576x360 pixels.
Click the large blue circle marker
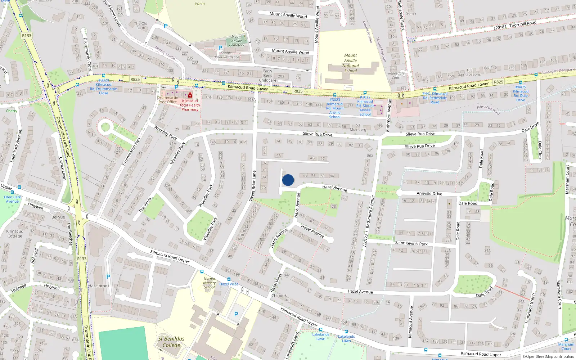point(288,180)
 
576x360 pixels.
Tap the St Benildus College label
point(171,342)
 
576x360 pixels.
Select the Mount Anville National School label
point(350,63)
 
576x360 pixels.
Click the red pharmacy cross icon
point(190,95)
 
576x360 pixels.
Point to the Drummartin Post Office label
point(167,100)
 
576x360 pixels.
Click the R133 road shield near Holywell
point(82,258)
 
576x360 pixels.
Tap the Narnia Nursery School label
point(209,283)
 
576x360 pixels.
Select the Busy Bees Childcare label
point(268,76)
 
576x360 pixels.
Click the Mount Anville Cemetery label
point(237,41)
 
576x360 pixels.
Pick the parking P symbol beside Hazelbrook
point(108,277)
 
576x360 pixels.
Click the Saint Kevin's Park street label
point(411,243)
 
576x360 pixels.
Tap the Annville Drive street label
point(429,193)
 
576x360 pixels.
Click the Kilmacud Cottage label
point(15,234)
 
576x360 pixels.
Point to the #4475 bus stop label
point(521,93)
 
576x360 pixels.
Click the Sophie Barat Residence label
point(226,55)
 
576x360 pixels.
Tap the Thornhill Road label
point(523,24)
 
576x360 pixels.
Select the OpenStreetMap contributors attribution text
point(550,356)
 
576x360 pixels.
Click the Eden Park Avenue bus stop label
point(12,199)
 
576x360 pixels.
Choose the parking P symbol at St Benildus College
point(236,314)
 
